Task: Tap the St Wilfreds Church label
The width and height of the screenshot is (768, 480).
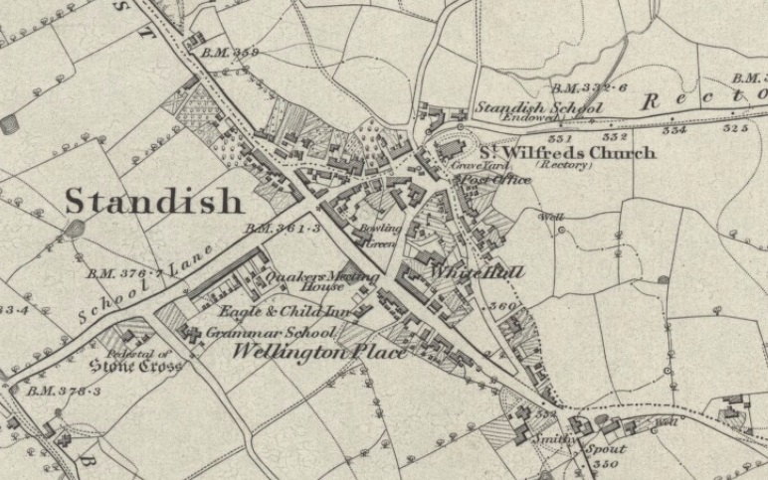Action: tap(568, 152)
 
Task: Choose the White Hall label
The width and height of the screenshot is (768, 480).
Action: tap(476, 271)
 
